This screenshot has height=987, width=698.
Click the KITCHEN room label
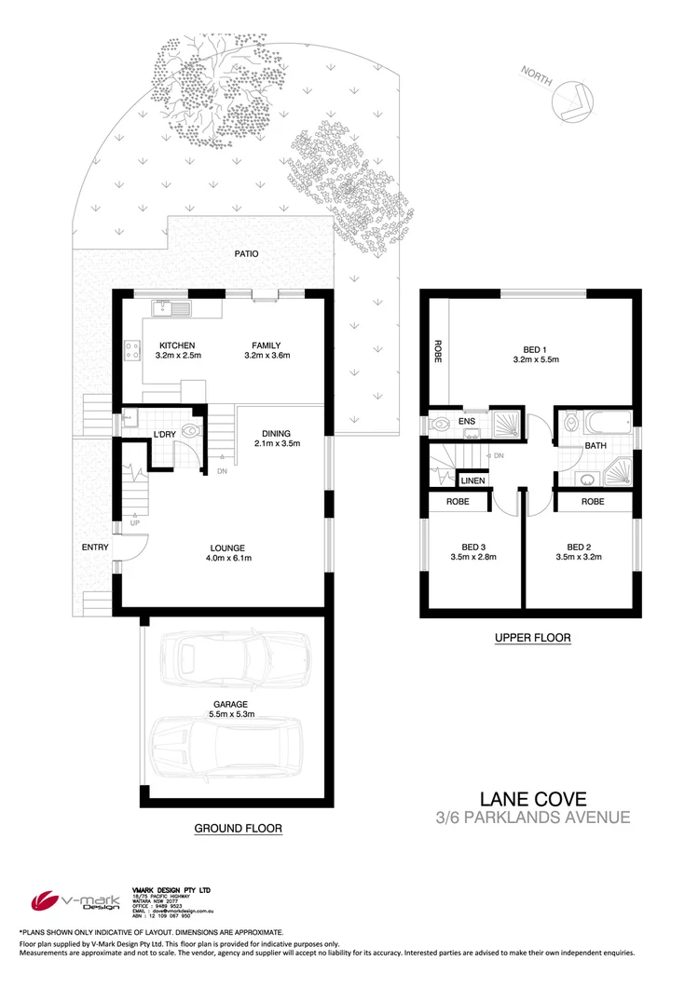[176, 345]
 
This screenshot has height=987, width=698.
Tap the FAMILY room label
[267, 345]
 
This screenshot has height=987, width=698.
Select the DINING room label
[276, 433]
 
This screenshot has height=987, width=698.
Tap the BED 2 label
[580, 546]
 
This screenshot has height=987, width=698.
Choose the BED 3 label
[474, 546]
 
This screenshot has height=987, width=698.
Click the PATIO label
[247, 253]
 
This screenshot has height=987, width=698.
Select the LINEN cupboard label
[472, 480]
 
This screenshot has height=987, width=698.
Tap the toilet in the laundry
[192, 431]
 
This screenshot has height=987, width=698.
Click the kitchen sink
[171, 306]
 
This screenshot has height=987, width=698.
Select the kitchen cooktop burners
[130, 351]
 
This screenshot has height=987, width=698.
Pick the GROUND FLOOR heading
[238, 827]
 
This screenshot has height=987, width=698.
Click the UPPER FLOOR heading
[532, 638]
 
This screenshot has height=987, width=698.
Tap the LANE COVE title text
[534, 799]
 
